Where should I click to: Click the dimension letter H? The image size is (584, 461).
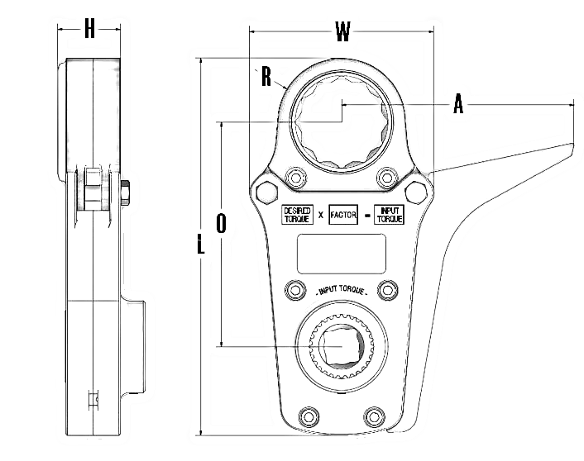pos(90,30)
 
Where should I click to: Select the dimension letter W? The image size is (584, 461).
pos(342,32)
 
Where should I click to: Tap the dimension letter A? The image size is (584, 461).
pos(457,104)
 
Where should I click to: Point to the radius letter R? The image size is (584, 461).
pos(266,77)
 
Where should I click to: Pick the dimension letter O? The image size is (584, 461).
pos(221,223)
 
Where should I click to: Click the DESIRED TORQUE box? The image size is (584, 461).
pos(296,215)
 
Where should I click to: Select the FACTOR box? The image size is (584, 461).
pos(343,215)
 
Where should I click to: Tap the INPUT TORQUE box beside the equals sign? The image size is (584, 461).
pos(389,215)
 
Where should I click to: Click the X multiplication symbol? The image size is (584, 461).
pos(320,216)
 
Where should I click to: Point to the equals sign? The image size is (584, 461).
pos(366,216)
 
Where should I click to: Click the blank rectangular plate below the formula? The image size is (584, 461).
pos(342,254)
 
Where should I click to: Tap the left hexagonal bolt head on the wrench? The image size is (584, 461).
pos(266,192)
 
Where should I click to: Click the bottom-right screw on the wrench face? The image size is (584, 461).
pos(375,415)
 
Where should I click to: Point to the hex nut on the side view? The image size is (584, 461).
pos(125,193)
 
